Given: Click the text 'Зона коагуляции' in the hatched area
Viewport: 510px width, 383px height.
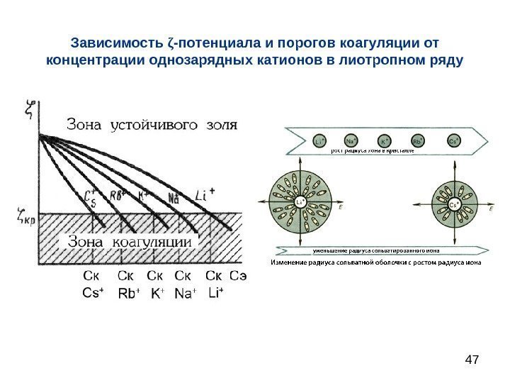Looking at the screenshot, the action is pos(129,241).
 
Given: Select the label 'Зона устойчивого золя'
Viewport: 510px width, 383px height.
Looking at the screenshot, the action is pos(152,124).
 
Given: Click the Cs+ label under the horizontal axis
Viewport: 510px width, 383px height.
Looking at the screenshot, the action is pos(93,292).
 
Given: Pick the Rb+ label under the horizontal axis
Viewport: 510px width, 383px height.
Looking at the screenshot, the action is pos(128,292).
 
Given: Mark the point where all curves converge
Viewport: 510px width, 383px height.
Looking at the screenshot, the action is pos(41,135).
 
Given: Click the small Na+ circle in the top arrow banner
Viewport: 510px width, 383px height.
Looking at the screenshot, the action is pos(351,141).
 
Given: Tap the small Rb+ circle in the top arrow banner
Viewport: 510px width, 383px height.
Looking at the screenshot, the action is pos(419,141).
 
